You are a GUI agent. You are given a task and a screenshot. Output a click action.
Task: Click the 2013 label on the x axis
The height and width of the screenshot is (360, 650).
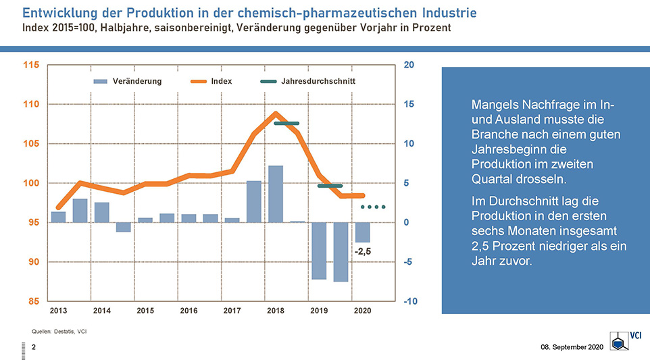point(59,311)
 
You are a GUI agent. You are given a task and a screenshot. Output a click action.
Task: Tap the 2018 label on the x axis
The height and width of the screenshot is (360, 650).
point(276,311)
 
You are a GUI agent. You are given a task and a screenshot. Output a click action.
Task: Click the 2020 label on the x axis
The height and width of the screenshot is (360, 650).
point(362,311)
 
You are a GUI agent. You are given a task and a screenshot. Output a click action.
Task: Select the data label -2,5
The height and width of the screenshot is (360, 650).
point(364,251)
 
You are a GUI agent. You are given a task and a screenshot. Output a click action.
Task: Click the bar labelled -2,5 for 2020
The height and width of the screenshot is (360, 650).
point(363,232)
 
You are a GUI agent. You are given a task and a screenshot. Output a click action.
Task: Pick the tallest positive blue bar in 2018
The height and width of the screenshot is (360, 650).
point(276,194)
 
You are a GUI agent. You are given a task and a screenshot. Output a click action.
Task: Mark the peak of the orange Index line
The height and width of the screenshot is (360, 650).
point(276,114)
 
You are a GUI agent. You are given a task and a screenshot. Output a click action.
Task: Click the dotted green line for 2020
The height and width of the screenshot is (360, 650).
point(373,207)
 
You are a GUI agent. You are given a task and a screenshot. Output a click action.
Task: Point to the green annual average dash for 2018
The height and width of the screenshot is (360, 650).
point(286,124)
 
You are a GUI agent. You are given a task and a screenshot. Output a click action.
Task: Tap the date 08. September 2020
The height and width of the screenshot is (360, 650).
point(572,347)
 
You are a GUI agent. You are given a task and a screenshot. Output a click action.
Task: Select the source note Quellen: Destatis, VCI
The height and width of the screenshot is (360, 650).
point(59,331)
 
